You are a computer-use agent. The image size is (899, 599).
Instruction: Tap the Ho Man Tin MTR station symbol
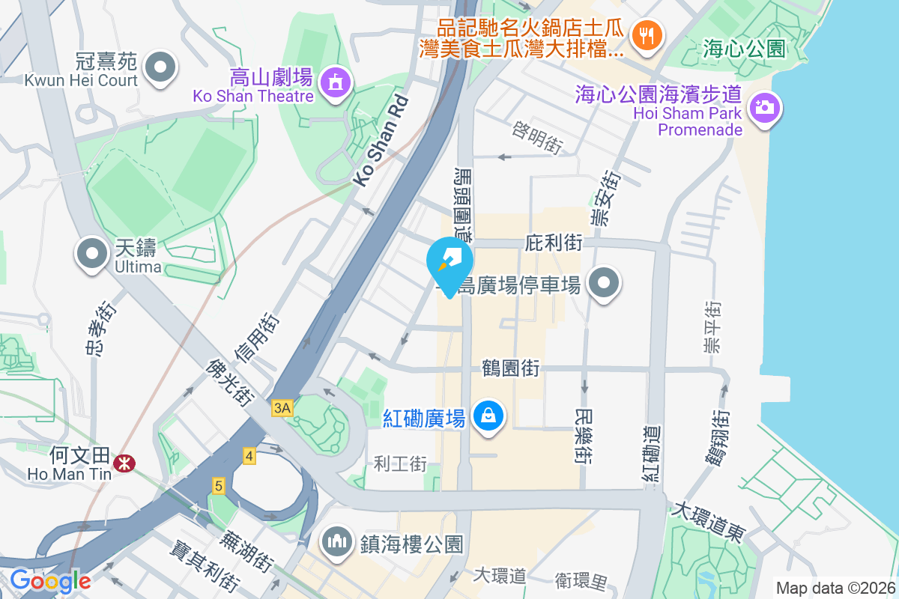[124, 465]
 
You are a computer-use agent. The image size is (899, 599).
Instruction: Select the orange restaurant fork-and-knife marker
[645, 34]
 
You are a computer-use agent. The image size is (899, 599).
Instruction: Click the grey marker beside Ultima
[92, 254]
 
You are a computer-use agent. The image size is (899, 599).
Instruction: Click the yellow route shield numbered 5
[219, 486]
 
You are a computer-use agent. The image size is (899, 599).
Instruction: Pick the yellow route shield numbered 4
[249, 455]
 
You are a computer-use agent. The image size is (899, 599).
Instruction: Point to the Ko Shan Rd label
[381, 140]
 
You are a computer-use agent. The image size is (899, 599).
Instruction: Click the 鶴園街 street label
[512, 368]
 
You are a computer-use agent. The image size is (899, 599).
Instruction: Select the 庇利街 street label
[554, 243]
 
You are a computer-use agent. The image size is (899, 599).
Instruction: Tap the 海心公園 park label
[744, 49]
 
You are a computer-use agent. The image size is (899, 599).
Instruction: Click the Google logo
[50, 580]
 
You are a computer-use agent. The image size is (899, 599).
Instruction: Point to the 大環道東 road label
[708, 523]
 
